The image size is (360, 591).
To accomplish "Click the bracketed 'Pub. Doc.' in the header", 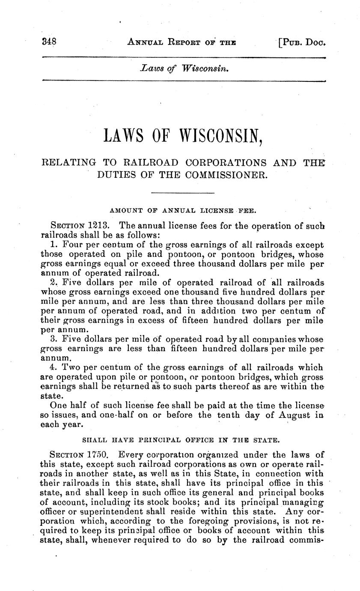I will click(303, 42).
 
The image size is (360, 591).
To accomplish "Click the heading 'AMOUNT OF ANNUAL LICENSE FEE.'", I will click(183, 211).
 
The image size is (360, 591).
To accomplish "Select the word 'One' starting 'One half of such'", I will click(58, 405).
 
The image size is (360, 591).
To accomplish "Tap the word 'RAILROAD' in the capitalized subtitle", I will click(149, 163).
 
